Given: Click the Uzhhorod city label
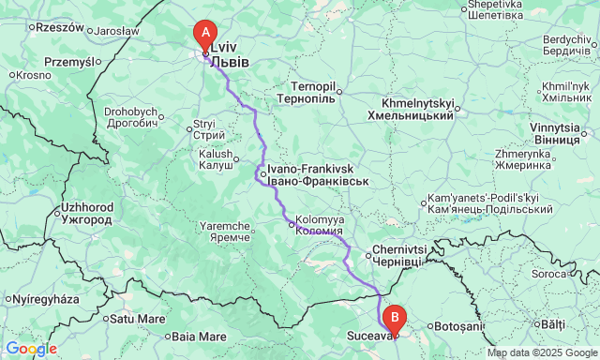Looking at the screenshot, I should click(86, 212).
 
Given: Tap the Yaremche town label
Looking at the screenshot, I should click(221, 232).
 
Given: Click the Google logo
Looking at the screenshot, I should click(31, 349).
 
